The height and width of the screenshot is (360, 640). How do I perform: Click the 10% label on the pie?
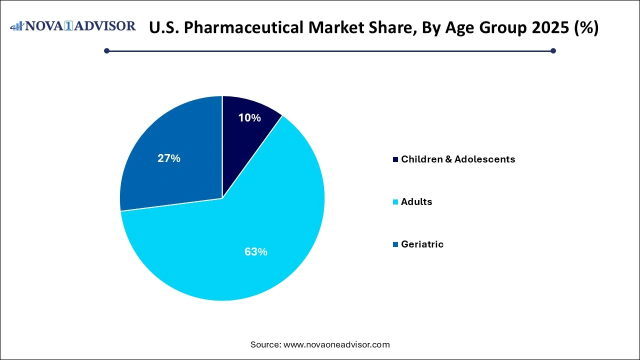click(249, 118)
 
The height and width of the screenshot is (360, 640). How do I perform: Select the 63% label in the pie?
click(255, 252)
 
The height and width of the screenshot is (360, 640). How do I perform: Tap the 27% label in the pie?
click(169, 158)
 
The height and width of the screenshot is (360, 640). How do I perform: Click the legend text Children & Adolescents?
click(457, 159)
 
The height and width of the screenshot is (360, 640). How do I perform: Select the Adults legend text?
click(416, 202)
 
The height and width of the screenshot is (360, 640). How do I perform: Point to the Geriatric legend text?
click(422, 244)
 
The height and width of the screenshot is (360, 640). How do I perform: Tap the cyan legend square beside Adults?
click(396, 202)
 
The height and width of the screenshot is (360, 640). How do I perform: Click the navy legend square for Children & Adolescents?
click(396, 159)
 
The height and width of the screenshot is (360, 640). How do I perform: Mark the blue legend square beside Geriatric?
click(396, 244)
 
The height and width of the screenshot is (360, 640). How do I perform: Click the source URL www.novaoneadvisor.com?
click(336, 344)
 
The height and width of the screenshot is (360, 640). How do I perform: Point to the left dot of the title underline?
click(106, 50)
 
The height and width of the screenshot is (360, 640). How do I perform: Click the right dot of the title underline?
click(553, 50)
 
